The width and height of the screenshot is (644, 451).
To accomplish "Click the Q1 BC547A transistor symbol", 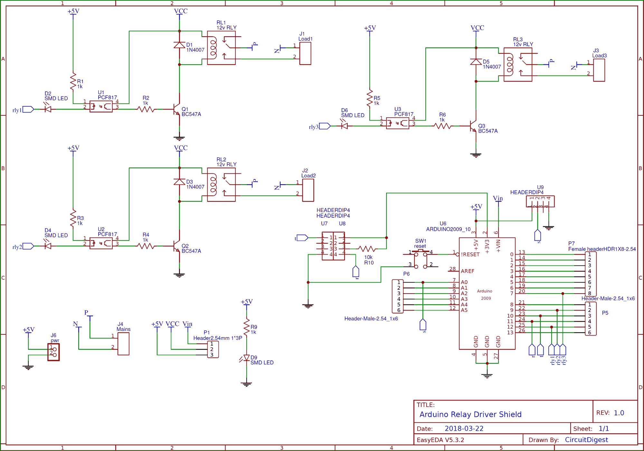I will pyautogui.click(x=176, y=110).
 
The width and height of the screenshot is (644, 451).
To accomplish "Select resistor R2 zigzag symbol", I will pyautogui.click(x=146, y=109).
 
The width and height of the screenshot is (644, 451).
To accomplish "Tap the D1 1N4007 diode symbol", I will pyautogui.click(x=179, y=45).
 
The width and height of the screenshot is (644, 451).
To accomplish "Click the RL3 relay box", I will pyautogui.click(x=518, y=65).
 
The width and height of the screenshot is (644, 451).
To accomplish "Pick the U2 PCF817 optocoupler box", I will pyautogui.click(x=101, y=243).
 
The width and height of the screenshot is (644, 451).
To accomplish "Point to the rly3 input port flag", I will pyautogui.click(x=325, y=126).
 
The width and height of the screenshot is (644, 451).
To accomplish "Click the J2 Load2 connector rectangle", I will pyautogui.click(x=308, y=190).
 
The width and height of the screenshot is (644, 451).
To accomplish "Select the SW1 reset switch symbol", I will pyautogui.click(x=421, y=259).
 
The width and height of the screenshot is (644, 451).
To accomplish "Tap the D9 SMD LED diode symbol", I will pyautogui.click(x=247, y=358).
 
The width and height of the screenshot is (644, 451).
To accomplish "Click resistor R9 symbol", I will pyautogui.click(x=247, y=327).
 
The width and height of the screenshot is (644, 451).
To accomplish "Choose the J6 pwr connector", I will pyautogui.click(x=54, y=352).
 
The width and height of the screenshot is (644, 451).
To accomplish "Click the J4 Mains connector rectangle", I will pyautogui.click(x=123, y=344).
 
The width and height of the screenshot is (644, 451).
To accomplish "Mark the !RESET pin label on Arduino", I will pyautogui.click(x=470, y=254).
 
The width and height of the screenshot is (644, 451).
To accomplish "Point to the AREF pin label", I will pyautogui.click(x=468, y=271).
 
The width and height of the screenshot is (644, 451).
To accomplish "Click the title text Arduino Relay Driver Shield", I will pyautogui.click(x=470, y=414).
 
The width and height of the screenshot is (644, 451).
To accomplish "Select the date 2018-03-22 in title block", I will pyautogui.click(x=464, y=428).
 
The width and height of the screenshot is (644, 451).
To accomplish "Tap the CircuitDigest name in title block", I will pyautogui.click(x=586, y=440).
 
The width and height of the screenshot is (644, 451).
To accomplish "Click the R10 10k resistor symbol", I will pyautogui.click(x=367, y=249).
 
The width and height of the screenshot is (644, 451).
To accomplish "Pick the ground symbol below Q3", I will pyautogui.click(x=476, y=155).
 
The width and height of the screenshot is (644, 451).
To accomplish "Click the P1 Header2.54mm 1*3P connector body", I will pyautogui.click(x=213, y=349).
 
